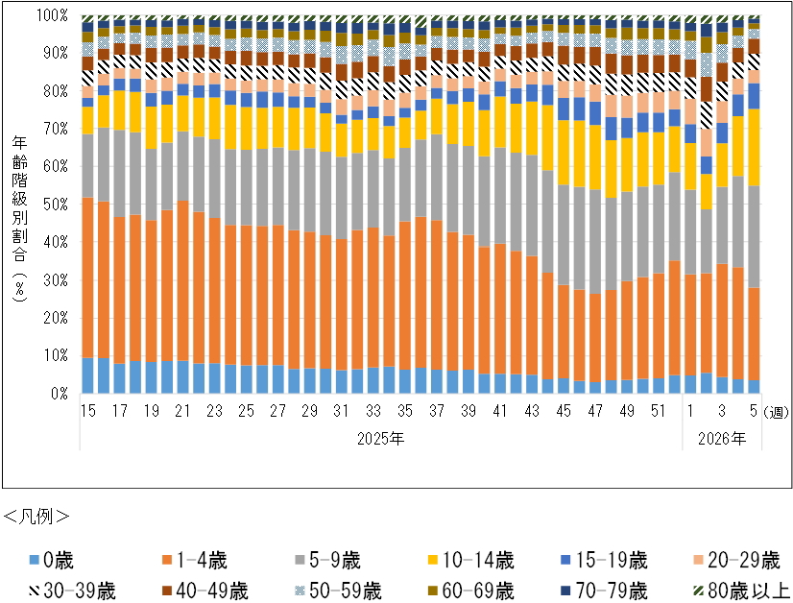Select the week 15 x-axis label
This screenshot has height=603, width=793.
coord(87,411)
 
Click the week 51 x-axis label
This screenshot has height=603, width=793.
coord(658,411)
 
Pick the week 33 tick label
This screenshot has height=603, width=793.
coord(372,411)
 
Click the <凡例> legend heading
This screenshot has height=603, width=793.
coord(36,516)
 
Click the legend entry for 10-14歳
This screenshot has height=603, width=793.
coord(470,560)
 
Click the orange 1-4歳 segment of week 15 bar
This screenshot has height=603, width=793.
coord(87,277)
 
